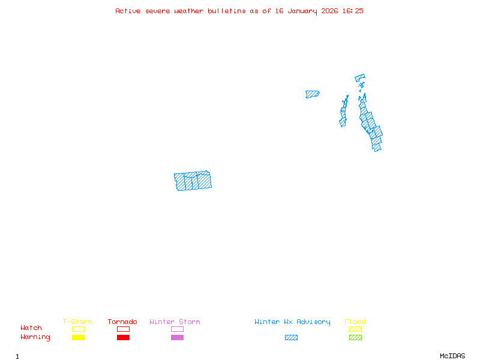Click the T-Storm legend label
point(77,322)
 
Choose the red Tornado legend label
point(122,322)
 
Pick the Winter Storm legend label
point(175,322)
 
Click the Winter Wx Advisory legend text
point(292,322)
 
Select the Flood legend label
point(355,322)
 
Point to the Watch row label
point(31,328)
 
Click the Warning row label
point(35,337)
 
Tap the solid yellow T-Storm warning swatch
point(78,337)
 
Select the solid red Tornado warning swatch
point(123,337)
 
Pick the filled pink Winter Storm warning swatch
point(177,337)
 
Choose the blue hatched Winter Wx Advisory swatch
point(291,337)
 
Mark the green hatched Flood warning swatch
point(355,337)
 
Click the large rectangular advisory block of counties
point(193,181)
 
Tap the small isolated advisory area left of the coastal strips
point(312,94)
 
